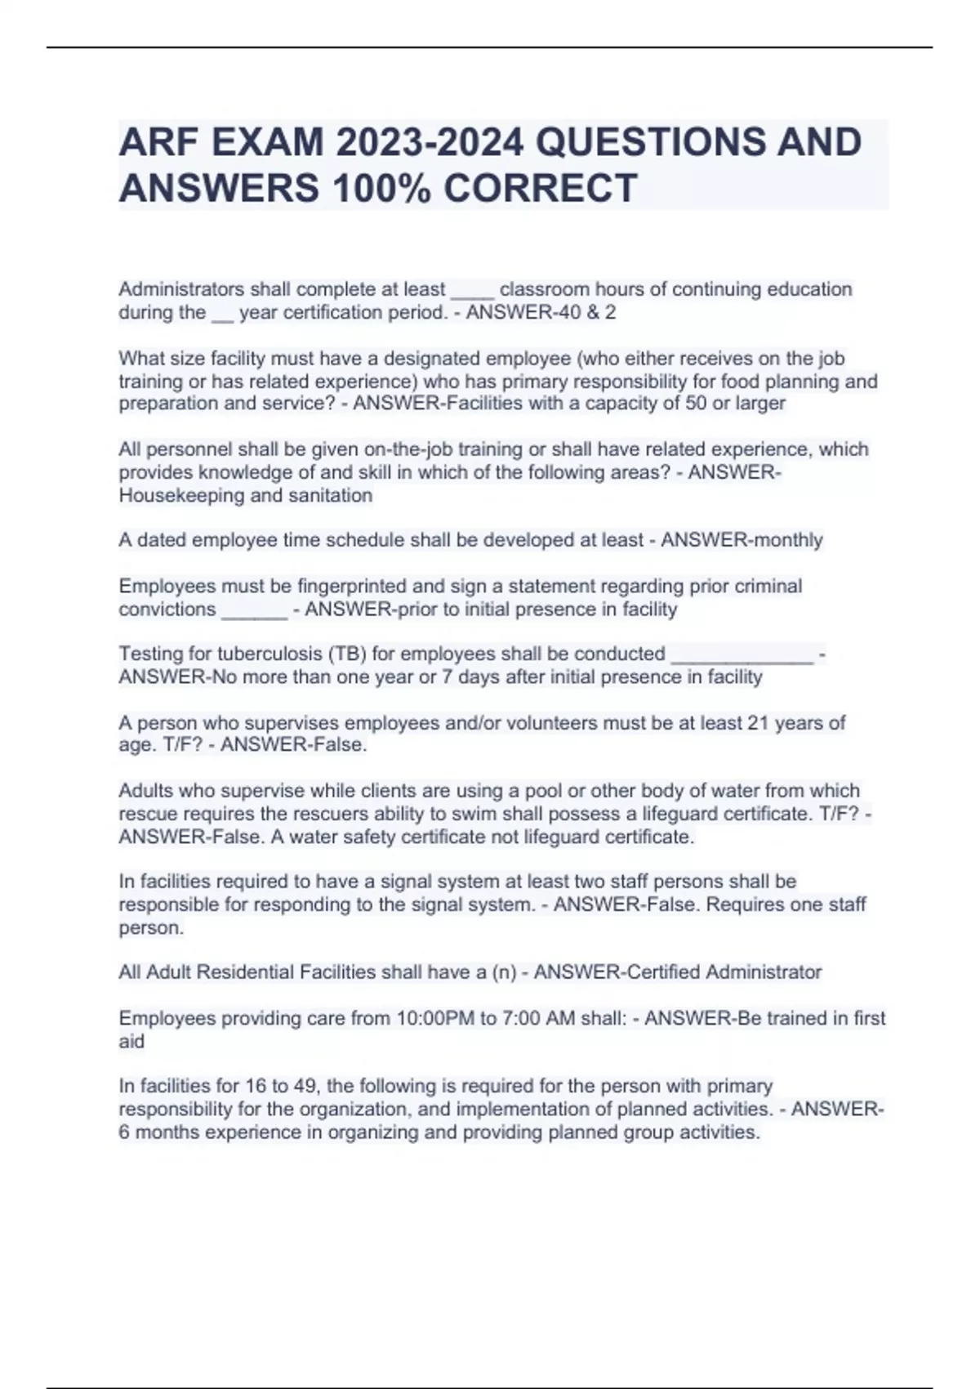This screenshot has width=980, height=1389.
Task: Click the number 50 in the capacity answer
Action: pos(696,404)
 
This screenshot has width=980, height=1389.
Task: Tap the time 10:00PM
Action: pos(430,1018)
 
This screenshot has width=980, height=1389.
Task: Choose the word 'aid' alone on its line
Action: pos(131,1042)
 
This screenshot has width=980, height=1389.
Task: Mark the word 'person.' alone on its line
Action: pos(151,928)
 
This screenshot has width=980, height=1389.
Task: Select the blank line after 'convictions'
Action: pos(254,610)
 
